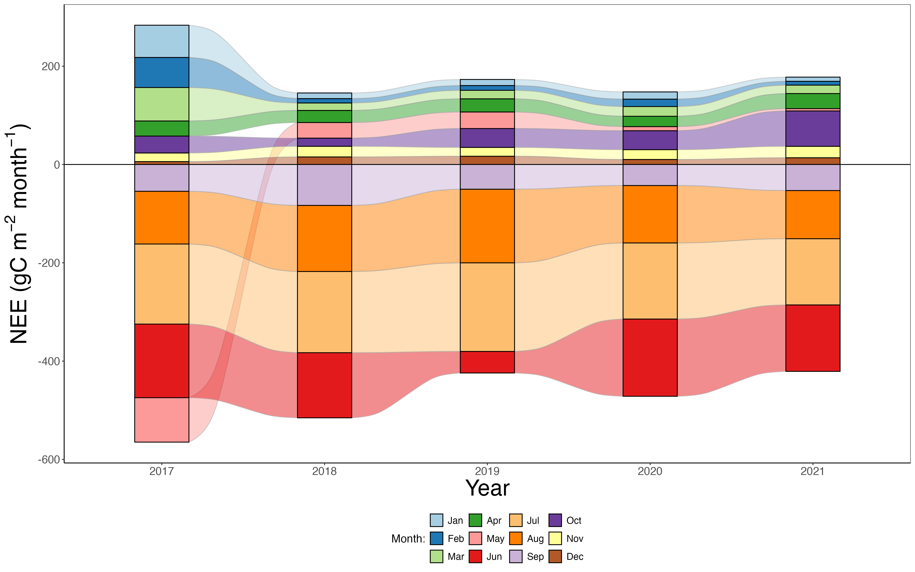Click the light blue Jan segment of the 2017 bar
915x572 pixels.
click(x=162, y=41)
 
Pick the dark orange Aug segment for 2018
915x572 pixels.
click(x=324, y=238)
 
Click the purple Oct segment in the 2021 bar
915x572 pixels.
click(x=813, y=129)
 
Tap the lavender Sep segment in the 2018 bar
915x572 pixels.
click(x=324, y=185)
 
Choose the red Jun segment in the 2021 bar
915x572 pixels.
click(x=813, y=338)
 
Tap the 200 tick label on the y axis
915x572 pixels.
click(x=51, y=66)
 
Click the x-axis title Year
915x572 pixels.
click(x=487, y=488)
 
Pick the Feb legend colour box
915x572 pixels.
click(x=436, y=538)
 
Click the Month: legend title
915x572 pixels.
click(x=408, y=538)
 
